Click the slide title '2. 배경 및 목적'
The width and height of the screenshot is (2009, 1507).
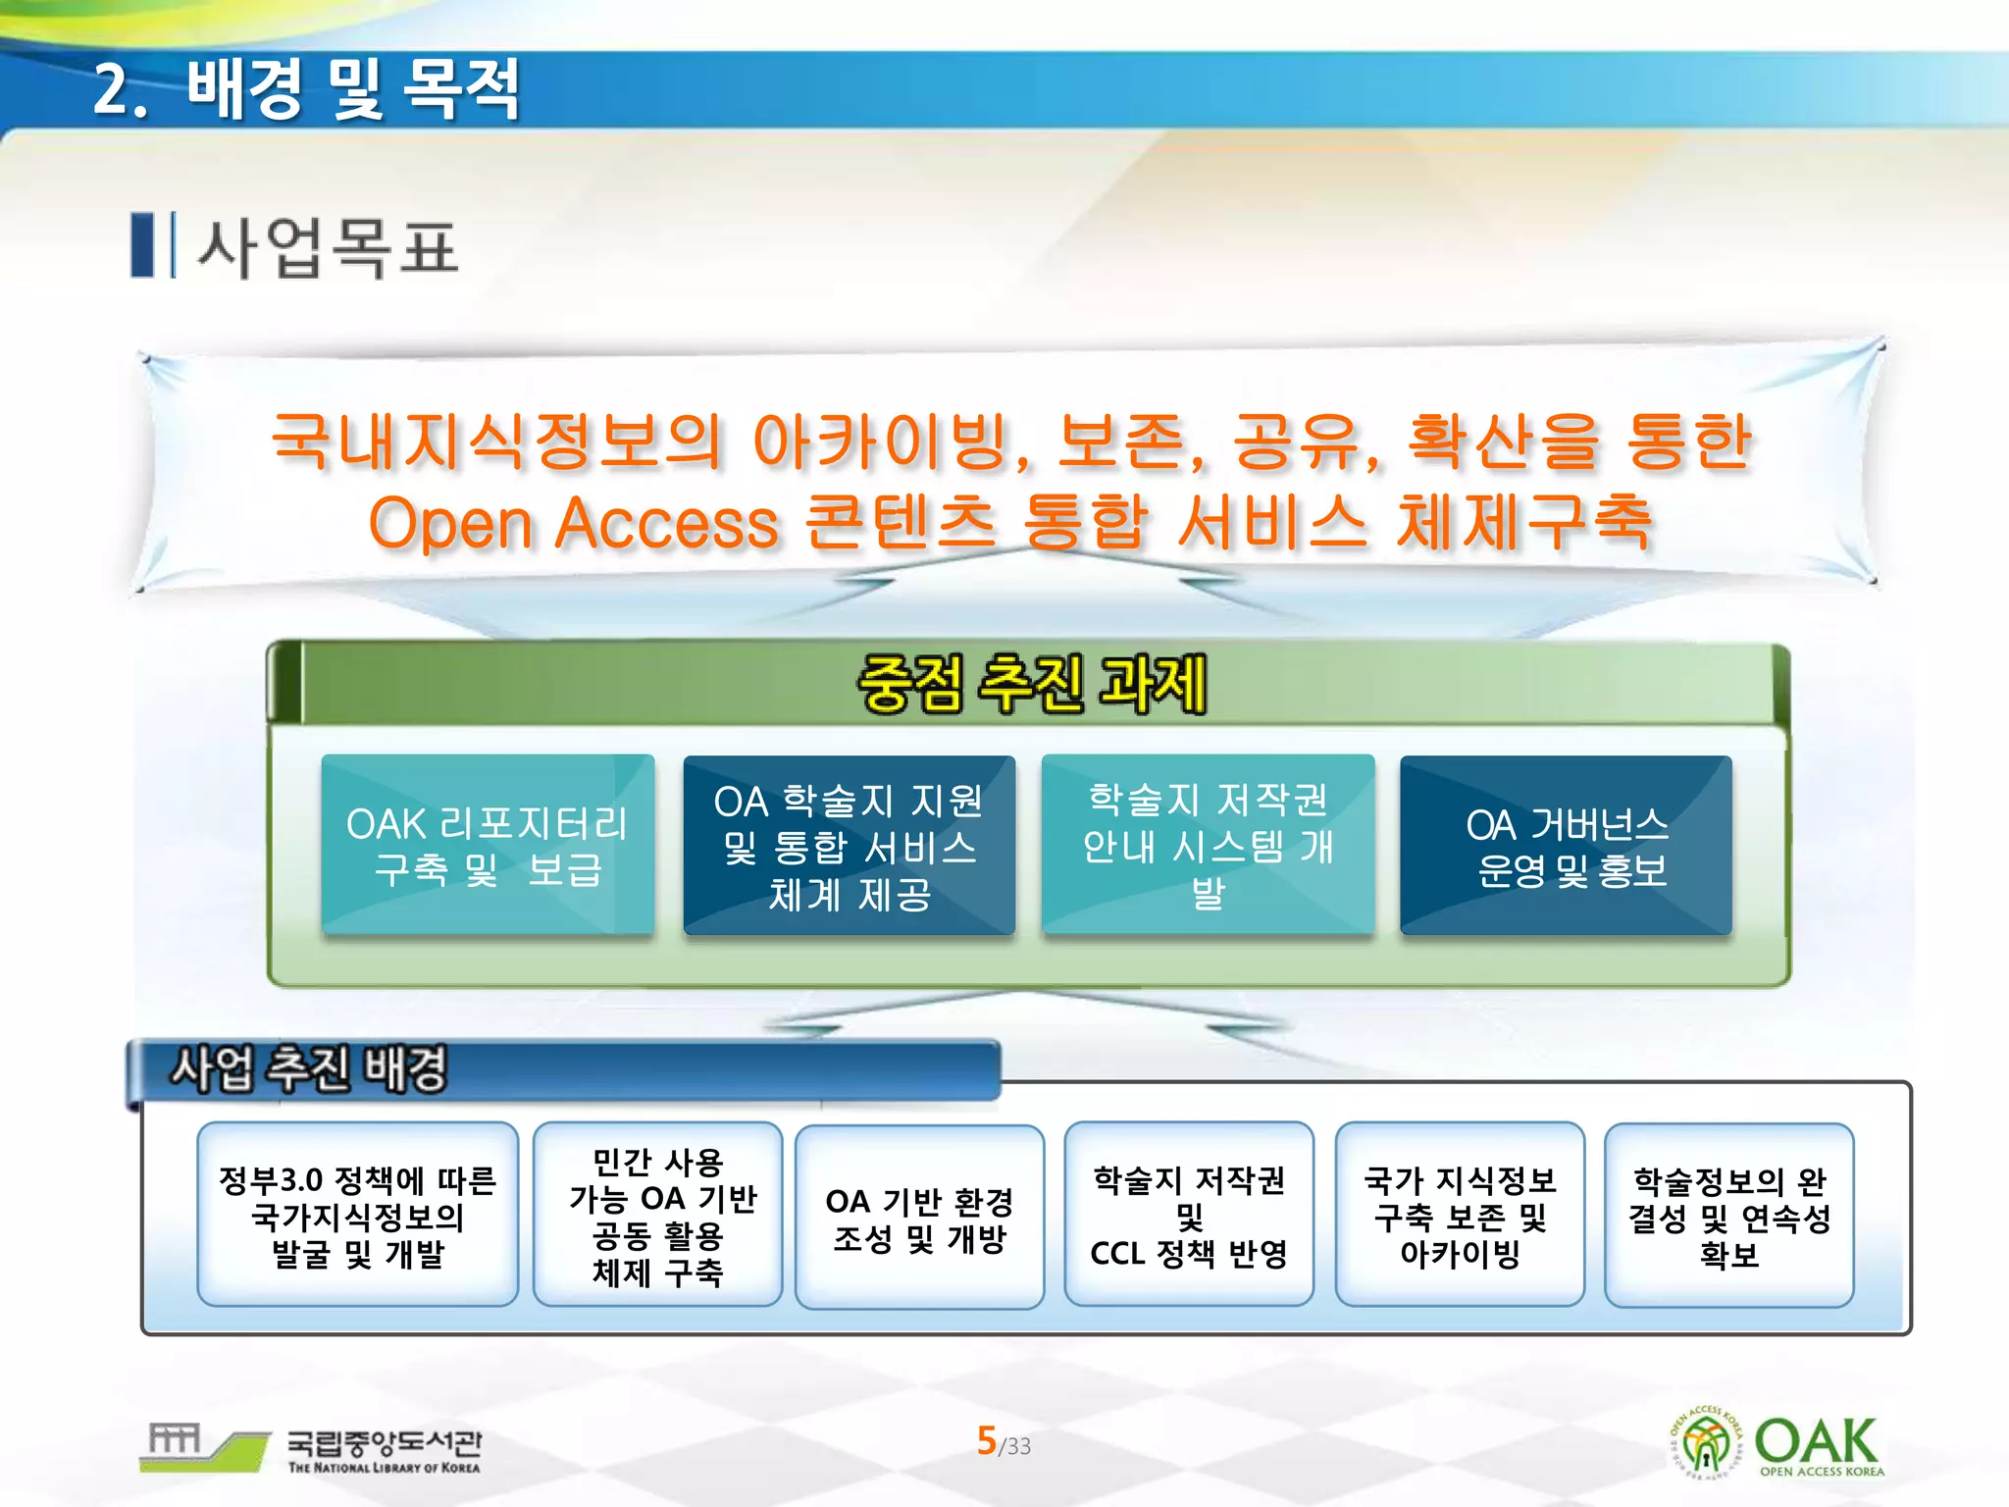[x=306, y=89]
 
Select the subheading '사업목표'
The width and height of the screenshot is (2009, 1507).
[x=329, y=247]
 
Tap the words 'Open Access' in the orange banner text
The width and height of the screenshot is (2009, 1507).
[x=573, y=522]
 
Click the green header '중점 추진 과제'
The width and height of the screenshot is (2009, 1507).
[x=1031, y=684]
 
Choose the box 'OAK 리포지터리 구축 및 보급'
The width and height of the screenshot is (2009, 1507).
[x=488, y=845]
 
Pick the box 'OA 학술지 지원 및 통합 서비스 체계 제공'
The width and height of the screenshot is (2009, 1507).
[x=849, y=846]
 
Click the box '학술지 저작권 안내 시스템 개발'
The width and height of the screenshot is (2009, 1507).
[x=1208, y=845]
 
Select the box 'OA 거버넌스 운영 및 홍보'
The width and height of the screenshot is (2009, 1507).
[x=1567, y=846]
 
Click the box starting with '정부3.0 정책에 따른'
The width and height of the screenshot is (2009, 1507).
[x=358, y=1215]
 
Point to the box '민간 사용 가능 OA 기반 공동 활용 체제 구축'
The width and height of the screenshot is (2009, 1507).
[x=658, y=1215]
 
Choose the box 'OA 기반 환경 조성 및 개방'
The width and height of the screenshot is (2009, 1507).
[x=919, y=1218]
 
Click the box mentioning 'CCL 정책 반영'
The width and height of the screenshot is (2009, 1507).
[x=1189, y=1215]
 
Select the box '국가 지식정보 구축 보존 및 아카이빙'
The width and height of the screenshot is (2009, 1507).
[x=1460, y=1215]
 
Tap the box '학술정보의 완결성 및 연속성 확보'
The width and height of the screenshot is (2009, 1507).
[x=1728, y=1216]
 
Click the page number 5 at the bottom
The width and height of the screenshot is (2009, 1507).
[x=987, y=1440]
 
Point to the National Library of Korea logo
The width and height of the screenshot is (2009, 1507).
[x=313, y=1448]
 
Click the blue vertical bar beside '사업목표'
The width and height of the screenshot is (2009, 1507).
[x=143, y=245]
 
